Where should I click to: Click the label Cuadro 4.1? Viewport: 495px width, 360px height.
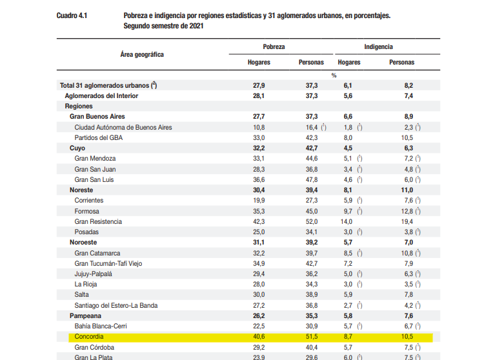[x=73, y=14]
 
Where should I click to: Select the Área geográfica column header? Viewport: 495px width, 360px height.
[x=142, y=54]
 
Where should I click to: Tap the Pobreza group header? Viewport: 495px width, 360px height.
[x=274, y=47]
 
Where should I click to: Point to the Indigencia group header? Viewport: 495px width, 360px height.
[x=378, y=47]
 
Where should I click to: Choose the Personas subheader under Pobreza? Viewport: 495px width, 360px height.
[x=311, y=63]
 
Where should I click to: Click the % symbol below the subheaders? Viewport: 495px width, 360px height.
[x=334, y=75]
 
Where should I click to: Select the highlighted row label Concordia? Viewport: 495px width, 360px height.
[x=88, y=337]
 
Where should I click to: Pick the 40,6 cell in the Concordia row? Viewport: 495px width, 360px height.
[x=259, y=337]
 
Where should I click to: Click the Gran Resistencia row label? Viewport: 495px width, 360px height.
[x=98, y=221]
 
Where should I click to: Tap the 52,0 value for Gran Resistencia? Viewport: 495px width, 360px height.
[x=311, y=221]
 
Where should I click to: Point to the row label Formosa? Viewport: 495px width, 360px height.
[x=87, y=211]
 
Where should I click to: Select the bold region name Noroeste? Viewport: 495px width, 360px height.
[x=84, y=242]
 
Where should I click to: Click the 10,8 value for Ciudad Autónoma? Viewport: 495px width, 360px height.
[x=259, y=127]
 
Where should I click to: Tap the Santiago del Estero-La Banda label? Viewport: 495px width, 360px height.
[x=116, y=305]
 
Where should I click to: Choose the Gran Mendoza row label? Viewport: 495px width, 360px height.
[x=96, y=159]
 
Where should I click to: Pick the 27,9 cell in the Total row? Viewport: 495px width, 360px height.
[x=259, y=85]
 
